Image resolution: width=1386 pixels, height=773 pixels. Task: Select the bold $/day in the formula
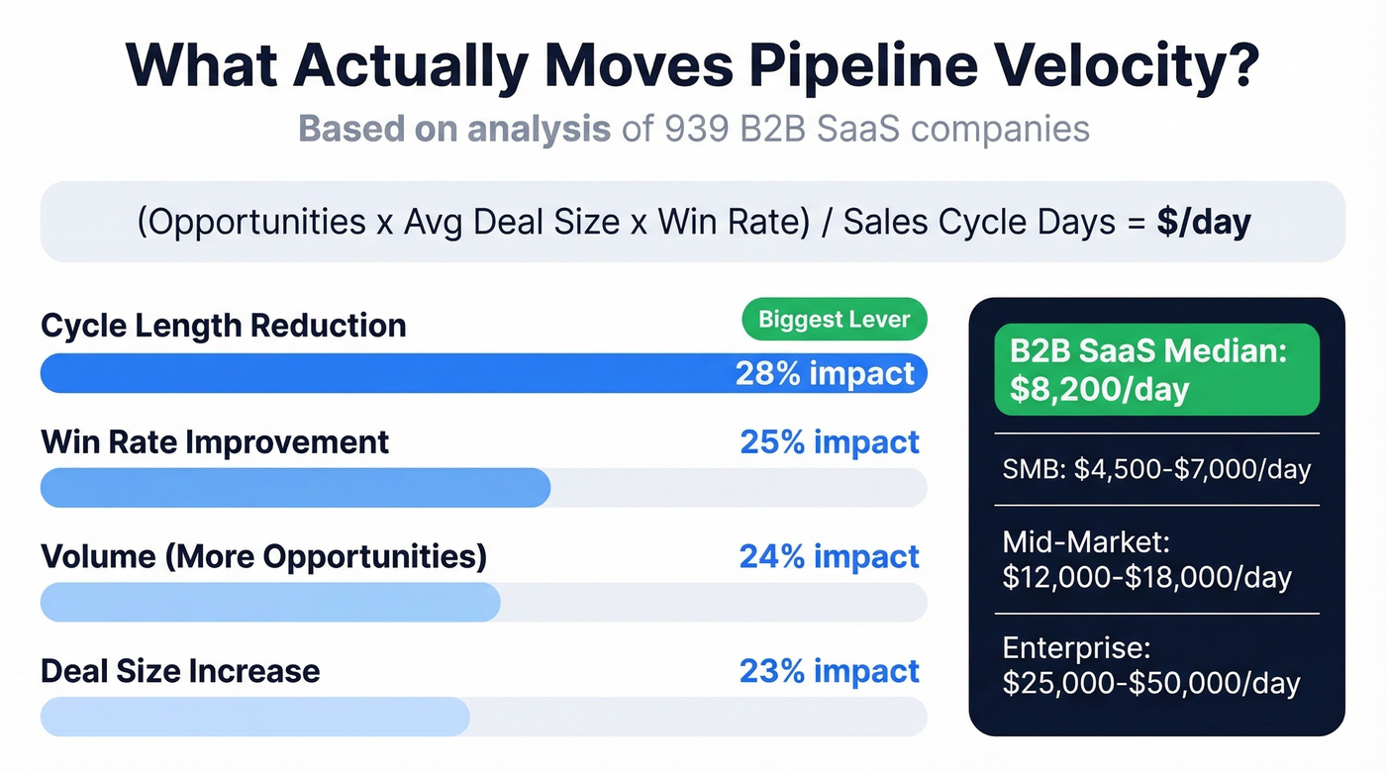1203,222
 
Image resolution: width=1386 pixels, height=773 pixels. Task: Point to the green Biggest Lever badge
835,320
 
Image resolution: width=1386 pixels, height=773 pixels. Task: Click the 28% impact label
825,373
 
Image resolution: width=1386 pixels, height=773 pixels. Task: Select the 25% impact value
830,442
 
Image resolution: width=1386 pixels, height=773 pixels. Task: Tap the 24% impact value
830,557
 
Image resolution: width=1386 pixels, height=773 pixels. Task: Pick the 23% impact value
830,671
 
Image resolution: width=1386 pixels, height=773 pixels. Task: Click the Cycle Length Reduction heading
224,326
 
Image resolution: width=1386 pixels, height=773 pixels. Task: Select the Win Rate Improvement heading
215,442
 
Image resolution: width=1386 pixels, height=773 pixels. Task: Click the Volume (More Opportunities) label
263,557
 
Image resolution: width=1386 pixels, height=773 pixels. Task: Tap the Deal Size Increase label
180,671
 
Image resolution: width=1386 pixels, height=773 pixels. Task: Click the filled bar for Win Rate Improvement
295,488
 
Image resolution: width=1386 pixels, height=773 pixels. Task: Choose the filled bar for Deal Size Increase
254,717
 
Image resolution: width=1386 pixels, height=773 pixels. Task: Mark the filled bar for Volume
269,603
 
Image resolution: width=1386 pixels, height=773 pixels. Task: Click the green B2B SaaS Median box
1156,369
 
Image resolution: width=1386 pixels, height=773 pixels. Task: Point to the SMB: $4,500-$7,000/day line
1156,469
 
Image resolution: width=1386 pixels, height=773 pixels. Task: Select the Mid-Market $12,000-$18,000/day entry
1146,559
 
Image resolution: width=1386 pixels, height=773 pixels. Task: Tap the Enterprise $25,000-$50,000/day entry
1150,666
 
